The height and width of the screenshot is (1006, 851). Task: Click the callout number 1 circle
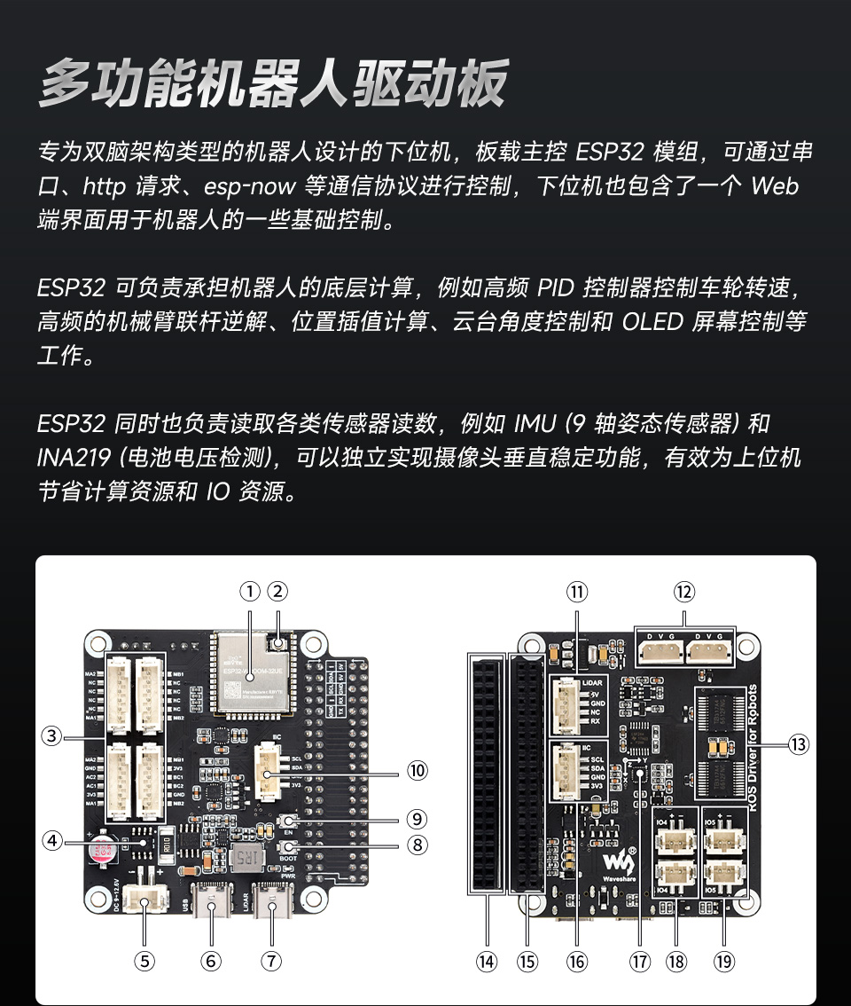click(x=251, y=591)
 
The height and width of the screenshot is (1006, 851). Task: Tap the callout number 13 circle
click(x=800, y=744)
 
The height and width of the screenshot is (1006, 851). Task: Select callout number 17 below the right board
click(x=639, y=961)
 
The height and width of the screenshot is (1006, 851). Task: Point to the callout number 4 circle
click(x=53, y=839)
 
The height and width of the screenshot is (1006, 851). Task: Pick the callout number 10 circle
click(x=418, y=769)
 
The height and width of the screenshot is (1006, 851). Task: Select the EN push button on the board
click(x=288, y=821)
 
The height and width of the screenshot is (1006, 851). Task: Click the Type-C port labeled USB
click(x=211, y=902)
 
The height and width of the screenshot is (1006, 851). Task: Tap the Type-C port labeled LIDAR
click(x=271, y=902)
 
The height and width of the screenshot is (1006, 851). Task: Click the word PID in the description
click(x=557, y=288)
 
